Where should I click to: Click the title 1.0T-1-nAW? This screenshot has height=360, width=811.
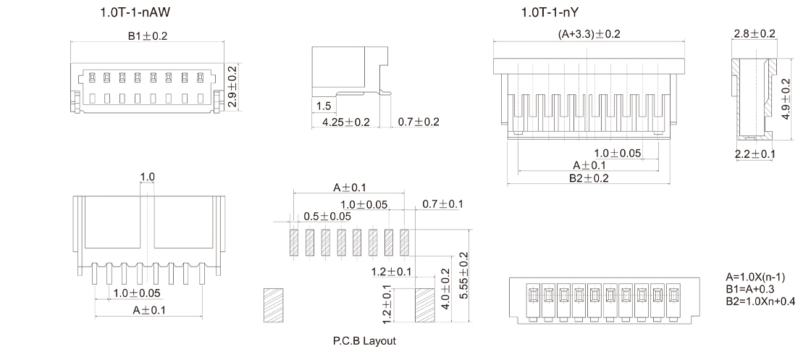tap(135, 12)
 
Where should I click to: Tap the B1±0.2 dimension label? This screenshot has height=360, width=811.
tap(148, 35)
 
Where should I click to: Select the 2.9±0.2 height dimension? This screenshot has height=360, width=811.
tap(232, 86)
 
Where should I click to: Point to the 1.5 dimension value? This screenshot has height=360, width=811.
tap(323, 106)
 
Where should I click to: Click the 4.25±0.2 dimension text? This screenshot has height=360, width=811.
tap(346, 122)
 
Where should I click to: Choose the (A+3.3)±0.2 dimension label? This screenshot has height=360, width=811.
tap(589, 34)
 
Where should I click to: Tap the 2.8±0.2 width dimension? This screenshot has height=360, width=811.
tap(755, 33)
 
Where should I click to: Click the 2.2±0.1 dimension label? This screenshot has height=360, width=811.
tap(755, 154)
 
